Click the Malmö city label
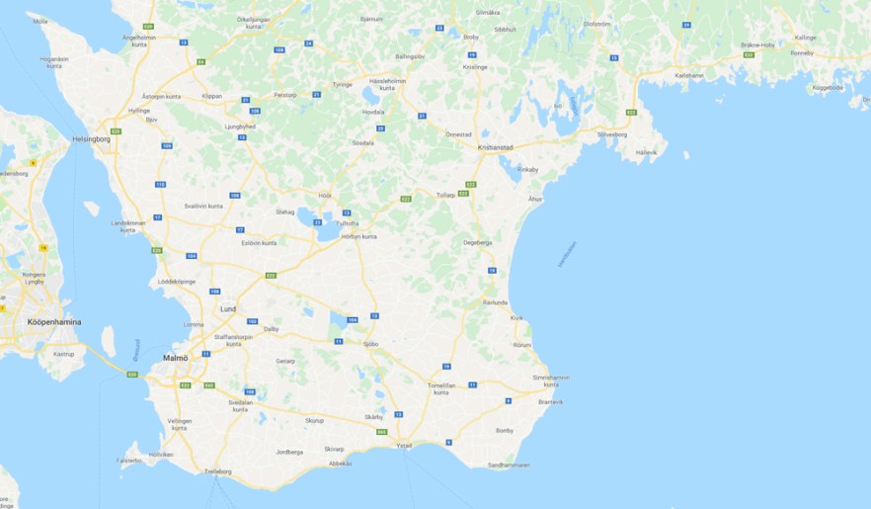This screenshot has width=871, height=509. coord(174,358)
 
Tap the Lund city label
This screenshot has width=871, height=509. coord(228,308)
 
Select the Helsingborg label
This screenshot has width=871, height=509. coord(91,139)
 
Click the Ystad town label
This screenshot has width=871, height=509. coord(404,446)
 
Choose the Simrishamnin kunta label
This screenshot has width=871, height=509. coord(551,381)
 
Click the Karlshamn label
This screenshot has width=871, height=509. coord(689,75)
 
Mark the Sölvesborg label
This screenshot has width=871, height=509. coord(612,133)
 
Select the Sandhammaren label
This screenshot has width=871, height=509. coord(509,465)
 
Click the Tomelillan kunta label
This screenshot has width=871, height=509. coord(441,388)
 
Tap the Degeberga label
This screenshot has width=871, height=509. coord(477,242)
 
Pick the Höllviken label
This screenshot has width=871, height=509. coord(161,455)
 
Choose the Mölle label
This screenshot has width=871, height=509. coord(40,21)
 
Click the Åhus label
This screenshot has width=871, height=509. coord(535,199)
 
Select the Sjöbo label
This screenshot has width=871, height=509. coord(371,343)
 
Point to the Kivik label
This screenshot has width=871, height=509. coord(516,318)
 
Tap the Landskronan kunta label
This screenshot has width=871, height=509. coord(127,226)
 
